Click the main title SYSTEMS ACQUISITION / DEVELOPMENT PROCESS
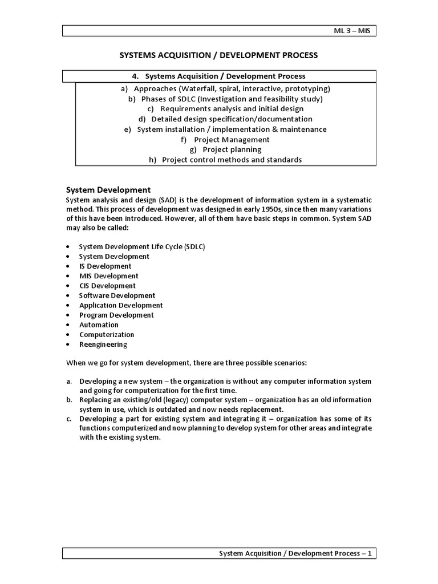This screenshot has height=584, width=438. [218, 55]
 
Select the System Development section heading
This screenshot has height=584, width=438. [108, 190]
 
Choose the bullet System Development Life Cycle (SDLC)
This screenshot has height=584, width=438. [142, 246]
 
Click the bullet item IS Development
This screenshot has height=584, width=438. [106, 266]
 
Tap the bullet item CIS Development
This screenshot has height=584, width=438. [107, 286]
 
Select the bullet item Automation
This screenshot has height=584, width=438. [99, 325]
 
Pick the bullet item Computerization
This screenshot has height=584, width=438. [107, 335]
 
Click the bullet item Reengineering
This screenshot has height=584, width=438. [103, 344]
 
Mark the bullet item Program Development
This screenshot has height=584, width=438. [116, 315]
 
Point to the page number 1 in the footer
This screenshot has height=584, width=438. [370, 553]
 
